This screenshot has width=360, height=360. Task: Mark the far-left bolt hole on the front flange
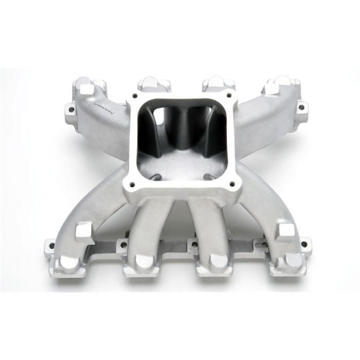(x=50, y=244)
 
